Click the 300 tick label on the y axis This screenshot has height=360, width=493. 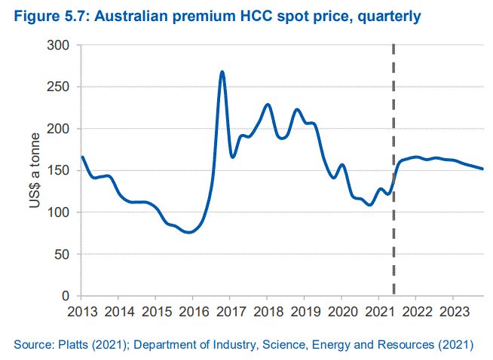pos(60,46)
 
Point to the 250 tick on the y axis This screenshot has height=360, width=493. pos(60,87)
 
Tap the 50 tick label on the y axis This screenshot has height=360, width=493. pos(63,254)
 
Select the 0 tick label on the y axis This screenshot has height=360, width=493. pos(67,296)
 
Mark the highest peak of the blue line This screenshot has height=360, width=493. pos(222,72)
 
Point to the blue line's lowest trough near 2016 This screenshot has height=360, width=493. pos(189,232)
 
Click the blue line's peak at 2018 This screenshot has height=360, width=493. pos(268,105)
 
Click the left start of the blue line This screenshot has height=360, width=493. pos(81,157)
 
